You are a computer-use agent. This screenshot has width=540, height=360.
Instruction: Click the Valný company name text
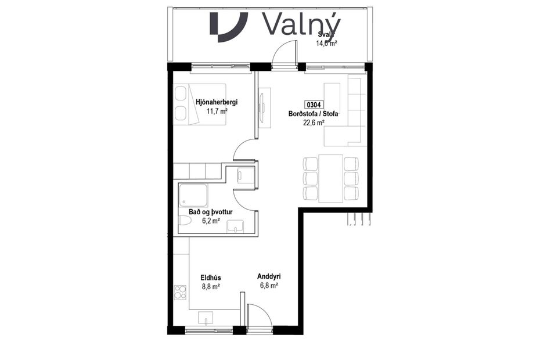click(x=301, y=25)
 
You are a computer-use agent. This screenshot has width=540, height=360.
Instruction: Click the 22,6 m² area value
click(x=314, y=123)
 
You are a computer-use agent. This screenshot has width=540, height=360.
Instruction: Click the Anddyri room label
click(x=269, y=277)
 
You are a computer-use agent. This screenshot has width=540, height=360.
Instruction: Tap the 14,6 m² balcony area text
click(x=326, y=43)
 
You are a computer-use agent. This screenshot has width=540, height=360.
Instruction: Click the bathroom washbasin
click(x=235, y=226)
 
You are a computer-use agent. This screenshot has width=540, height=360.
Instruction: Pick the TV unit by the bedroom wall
click(x=265, y=107)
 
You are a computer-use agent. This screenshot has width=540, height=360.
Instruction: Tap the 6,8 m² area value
click(x=269, y=286)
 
